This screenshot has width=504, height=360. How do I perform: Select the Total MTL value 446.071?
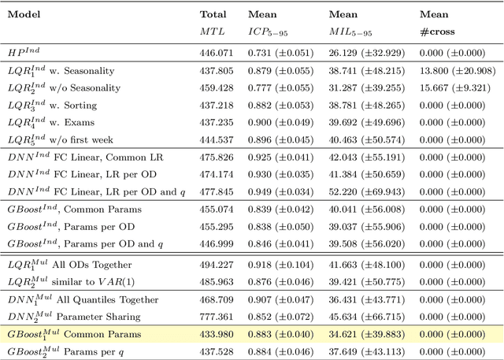217,52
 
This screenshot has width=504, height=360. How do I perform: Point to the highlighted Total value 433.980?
217,334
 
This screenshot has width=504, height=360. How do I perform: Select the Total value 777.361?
217,317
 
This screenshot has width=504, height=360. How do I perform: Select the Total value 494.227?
217,265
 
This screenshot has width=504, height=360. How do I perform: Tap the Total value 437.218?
217,106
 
